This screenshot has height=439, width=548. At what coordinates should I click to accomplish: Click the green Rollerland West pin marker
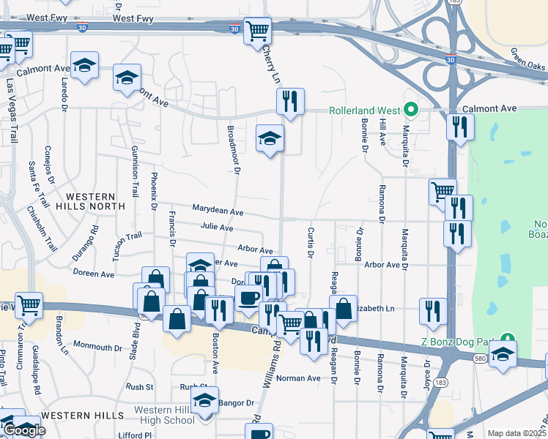point(411,110)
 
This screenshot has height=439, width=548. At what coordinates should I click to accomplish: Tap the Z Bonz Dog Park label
point(459,340)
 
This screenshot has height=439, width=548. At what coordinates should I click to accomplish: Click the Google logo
point(24,430)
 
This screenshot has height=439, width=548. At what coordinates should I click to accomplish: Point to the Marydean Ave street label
point(218,211)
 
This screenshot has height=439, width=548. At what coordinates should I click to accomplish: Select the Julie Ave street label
point(217,228)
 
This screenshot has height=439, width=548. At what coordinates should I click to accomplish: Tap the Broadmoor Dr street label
point(236,154)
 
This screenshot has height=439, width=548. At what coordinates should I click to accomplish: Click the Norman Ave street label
point(298,378)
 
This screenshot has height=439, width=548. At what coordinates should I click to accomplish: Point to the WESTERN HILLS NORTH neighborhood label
point(90,202)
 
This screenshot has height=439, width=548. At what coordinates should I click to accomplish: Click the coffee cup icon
point(248,299)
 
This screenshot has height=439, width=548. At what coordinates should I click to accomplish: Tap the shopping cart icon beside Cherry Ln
point(258,31)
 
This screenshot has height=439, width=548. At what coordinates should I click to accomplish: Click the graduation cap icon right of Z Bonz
point(503,356)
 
